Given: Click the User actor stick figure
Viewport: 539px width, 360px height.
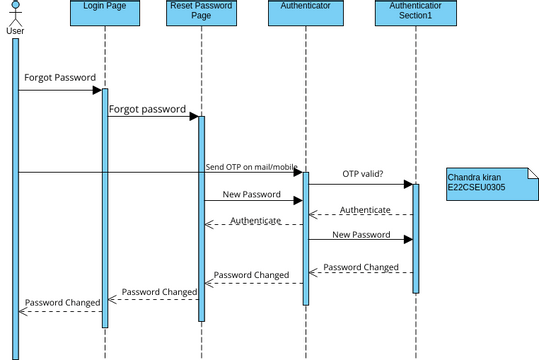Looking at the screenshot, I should click(14, 14).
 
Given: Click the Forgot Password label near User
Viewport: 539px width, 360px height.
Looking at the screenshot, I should click(60, 77).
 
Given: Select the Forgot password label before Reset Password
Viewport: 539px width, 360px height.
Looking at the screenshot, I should click(147, 109).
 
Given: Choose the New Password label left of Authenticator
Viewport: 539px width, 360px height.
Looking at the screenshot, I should click(252, 194).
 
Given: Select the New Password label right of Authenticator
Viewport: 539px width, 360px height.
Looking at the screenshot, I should click(361, 234).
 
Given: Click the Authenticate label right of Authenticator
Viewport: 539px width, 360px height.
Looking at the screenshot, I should click(365, 209).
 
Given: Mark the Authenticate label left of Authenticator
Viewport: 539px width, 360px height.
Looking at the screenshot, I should click(255, 220).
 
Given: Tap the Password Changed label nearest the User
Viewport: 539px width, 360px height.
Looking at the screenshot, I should click(60, 301).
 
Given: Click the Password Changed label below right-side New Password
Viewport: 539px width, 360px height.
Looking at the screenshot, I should click(361, 267).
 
